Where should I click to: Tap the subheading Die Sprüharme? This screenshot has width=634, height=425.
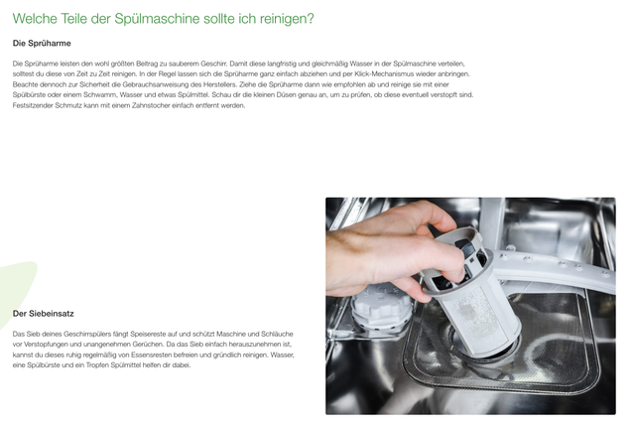pos(41,44)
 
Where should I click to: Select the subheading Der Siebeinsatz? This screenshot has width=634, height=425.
pos(43,314)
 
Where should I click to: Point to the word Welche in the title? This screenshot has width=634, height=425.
pos(36,18)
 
